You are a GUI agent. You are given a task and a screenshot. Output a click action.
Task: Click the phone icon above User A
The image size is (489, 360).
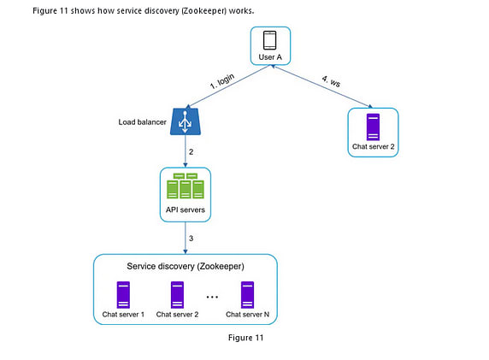(x=270, y=40)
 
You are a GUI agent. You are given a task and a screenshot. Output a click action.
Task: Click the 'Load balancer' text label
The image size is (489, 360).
(x=143, y=121)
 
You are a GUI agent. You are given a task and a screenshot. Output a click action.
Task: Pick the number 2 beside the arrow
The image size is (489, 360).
(x=191, y=151)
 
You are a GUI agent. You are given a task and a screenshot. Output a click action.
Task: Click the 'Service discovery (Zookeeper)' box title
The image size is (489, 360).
(x=185, y=267)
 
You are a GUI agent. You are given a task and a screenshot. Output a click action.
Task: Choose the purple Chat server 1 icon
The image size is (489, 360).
(x=123, y=294)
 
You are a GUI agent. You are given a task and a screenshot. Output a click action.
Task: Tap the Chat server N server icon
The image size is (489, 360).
(x=248, y=294)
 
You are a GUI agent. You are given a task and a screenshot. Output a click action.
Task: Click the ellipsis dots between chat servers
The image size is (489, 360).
(x=212, y=297)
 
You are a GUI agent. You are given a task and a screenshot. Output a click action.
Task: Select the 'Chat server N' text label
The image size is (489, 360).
(x=248, y=315)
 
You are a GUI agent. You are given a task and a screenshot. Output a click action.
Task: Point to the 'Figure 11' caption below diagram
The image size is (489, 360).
(x=246, y=338)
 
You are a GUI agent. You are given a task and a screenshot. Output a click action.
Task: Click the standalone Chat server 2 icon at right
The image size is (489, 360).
(x=373, y=127)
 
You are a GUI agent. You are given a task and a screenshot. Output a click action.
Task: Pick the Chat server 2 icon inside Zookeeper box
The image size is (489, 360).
(x=177, y=294)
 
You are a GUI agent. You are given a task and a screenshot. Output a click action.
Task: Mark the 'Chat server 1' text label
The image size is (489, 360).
(x=123, y=315)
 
